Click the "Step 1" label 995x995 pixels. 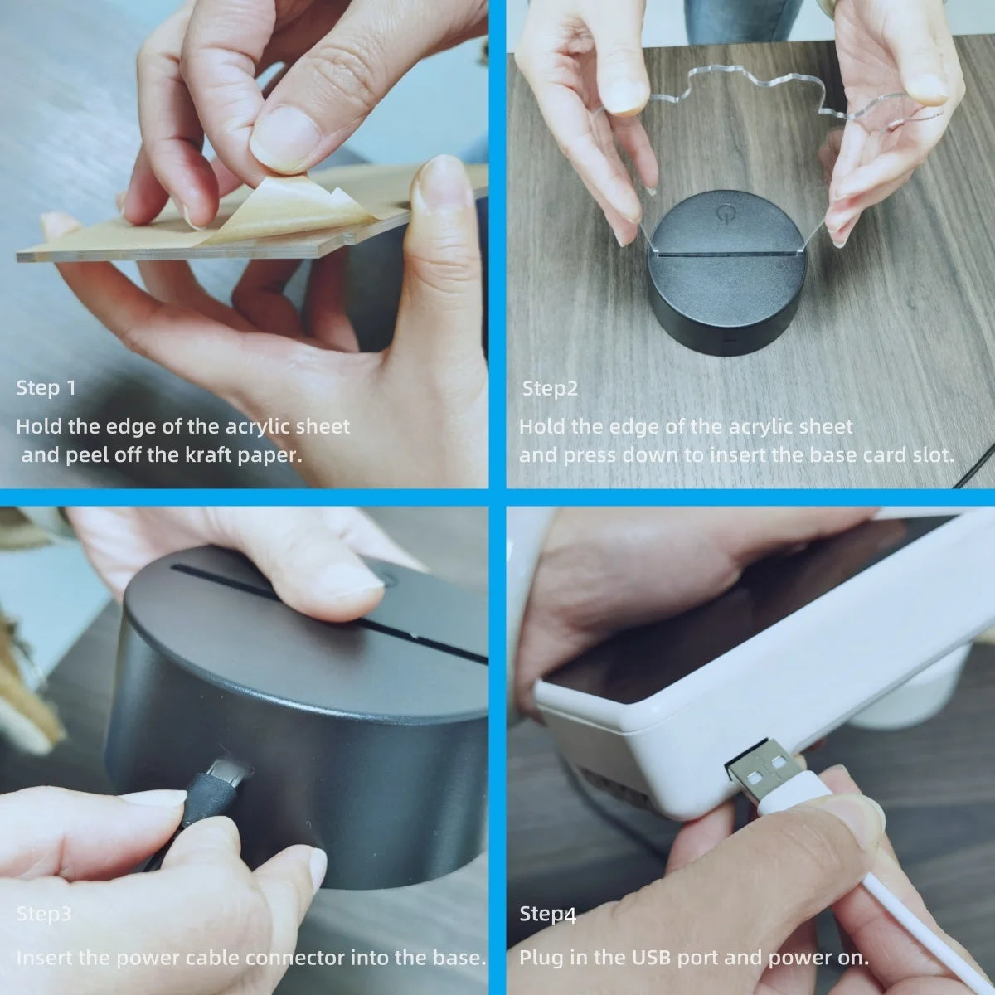(46, 388)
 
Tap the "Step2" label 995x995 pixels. (549, 388)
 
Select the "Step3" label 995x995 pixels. (43, 915)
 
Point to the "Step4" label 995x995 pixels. (547, 915)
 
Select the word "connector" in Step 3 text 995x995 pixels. (283, 959)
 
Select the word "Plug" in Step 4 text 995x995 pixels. (539, 959)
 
